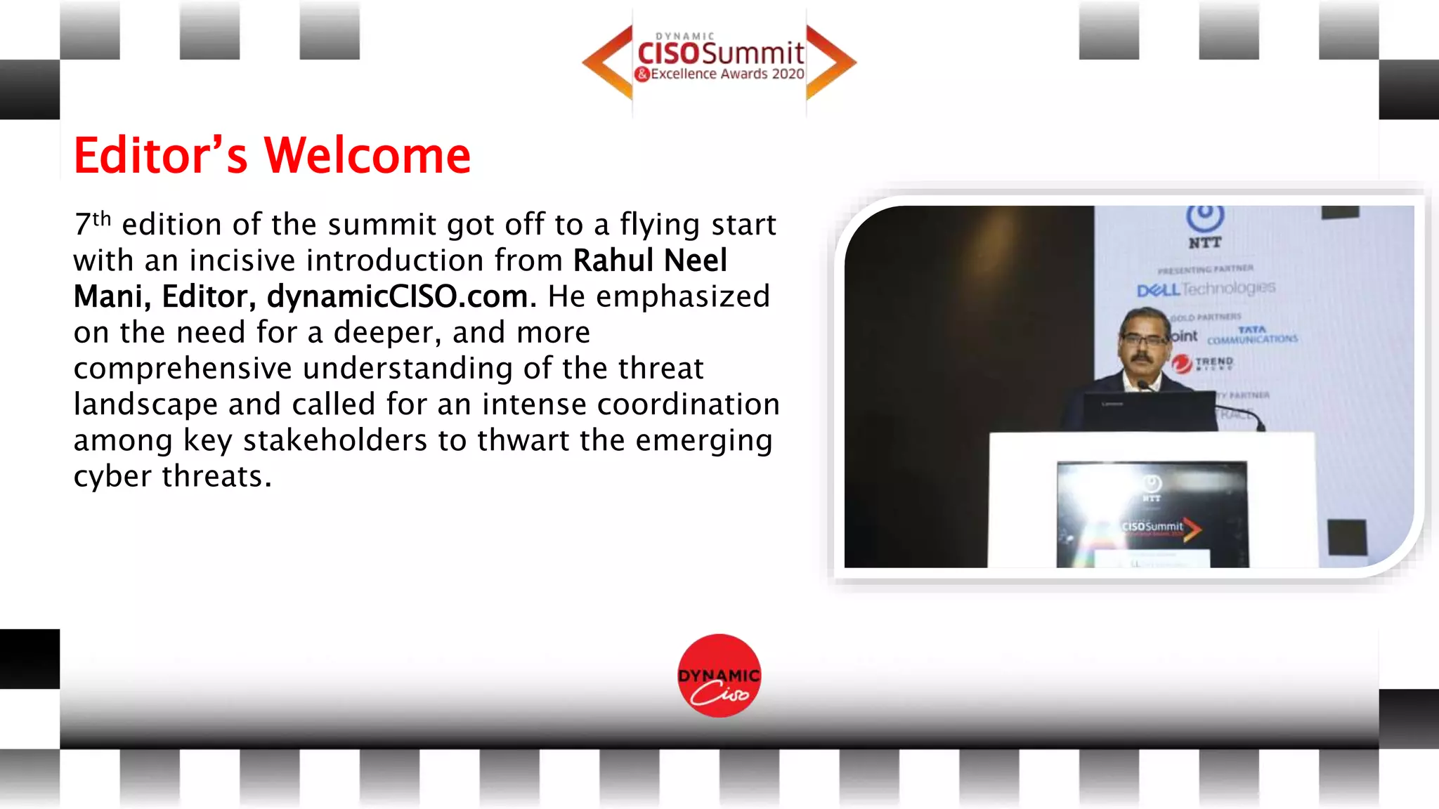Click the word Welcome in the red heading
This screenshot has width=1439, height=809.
(x=366, y=155)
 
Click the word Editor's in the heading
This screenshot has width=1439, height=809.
(x=161, y=155)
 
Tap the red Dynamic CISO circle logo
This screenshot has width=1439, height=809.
(x=719, y=676)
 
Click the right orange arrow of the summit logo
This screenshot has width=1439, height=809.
(x=831, y=63)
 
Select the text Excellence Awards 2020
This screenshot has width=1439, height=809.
(x=727, y=74)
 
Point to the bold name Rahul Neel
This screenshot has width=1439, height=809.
(x=650, y=261)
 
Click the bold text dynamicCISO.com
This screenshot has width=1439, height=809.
(x=397, y=296)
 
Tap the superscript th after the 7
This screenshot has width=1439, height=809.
(x=102, y=218)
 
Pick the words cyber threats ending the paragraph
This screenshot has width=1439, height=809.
(x=172, y=476)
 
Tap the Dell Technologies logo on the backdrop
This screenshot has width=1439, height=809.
(x=1206, y=289)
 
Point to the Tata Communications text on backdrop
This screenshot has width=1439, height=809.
(x=1252, y=336)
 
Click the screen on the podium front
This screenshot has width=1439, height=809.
(x=1152, y=514)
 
